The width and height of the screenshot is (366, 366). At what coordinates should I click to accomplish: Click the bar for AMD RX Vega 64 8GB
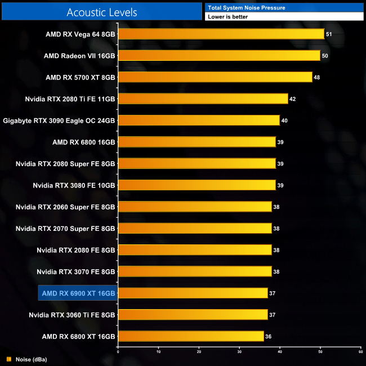tap(221, 34)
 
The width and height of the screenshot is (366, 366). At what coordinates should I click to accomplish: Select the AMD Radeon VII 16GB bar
tap(219, 56)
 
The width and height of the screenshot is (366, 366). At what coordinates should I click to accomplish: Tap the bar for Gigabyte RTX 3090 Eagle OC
tap(199, 120)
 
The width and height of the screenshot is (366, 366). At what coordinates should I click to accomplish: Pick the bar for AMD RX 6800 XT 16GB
tap(191, 336)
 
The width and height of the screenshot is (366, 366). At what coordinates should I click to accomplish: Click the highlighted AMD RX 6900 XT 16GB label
tap(78, 293)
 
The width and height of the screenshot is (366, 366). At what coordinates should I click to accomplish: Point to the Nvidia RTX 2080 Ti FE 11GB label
tap(70, 99)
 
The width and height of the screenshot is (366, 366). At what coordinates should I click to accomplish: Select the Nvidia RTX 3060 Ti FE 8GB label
tap(72, 315)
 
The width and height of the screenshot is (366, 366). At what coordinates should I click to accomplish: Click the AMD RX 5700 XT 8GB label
tap(81, 77)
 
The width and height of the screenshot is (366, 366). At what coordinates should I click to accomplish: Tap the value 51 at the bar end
tap(329, 34)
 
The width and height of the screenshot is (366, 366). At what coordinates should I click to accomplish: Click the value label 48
tap(317, 78)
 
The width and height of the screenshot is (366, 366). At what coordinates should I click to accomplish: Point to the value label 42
tap(293, 99)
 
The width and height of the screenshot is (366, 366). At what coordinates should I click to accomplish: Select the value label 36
tap(269, 337)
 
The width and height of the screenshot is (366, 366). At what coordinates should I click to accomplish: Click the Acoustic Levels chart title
tap(102, 12)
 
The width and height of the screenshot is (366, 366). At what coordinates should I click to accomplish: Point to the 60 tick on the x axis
tap(360, 351)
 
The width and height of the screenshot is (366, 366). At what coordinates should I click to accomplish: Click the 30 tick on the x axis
tap(239, 351)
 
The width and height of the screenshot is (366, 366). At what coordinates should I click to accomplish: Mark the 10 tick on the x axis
tap(158, 351)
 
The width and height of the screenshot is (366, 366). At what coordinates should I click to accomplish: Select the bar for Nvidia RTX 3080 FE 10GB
tap(197, 185)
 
